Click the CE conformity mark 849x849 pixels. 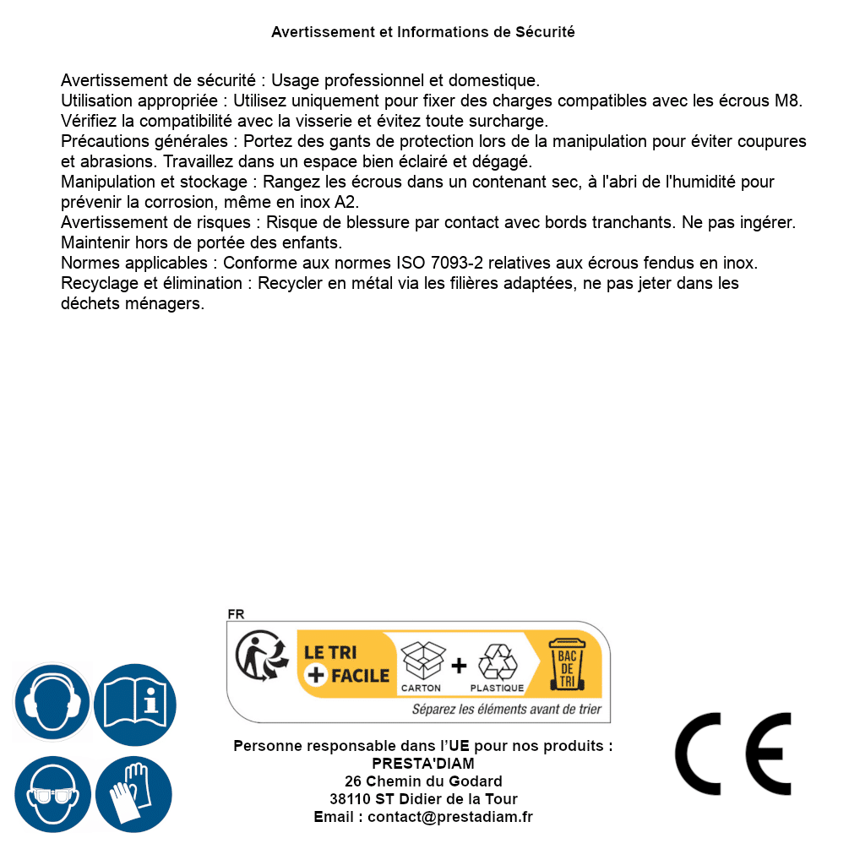coord(733,754)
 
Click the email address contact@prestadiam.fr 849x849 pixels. coord(450,817)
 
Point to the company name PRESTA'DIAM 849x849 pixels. coord(423,764)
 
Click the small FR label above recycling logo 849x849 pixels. coord(236,614)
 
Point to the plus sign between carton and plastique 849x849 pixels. coord(459,666)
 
